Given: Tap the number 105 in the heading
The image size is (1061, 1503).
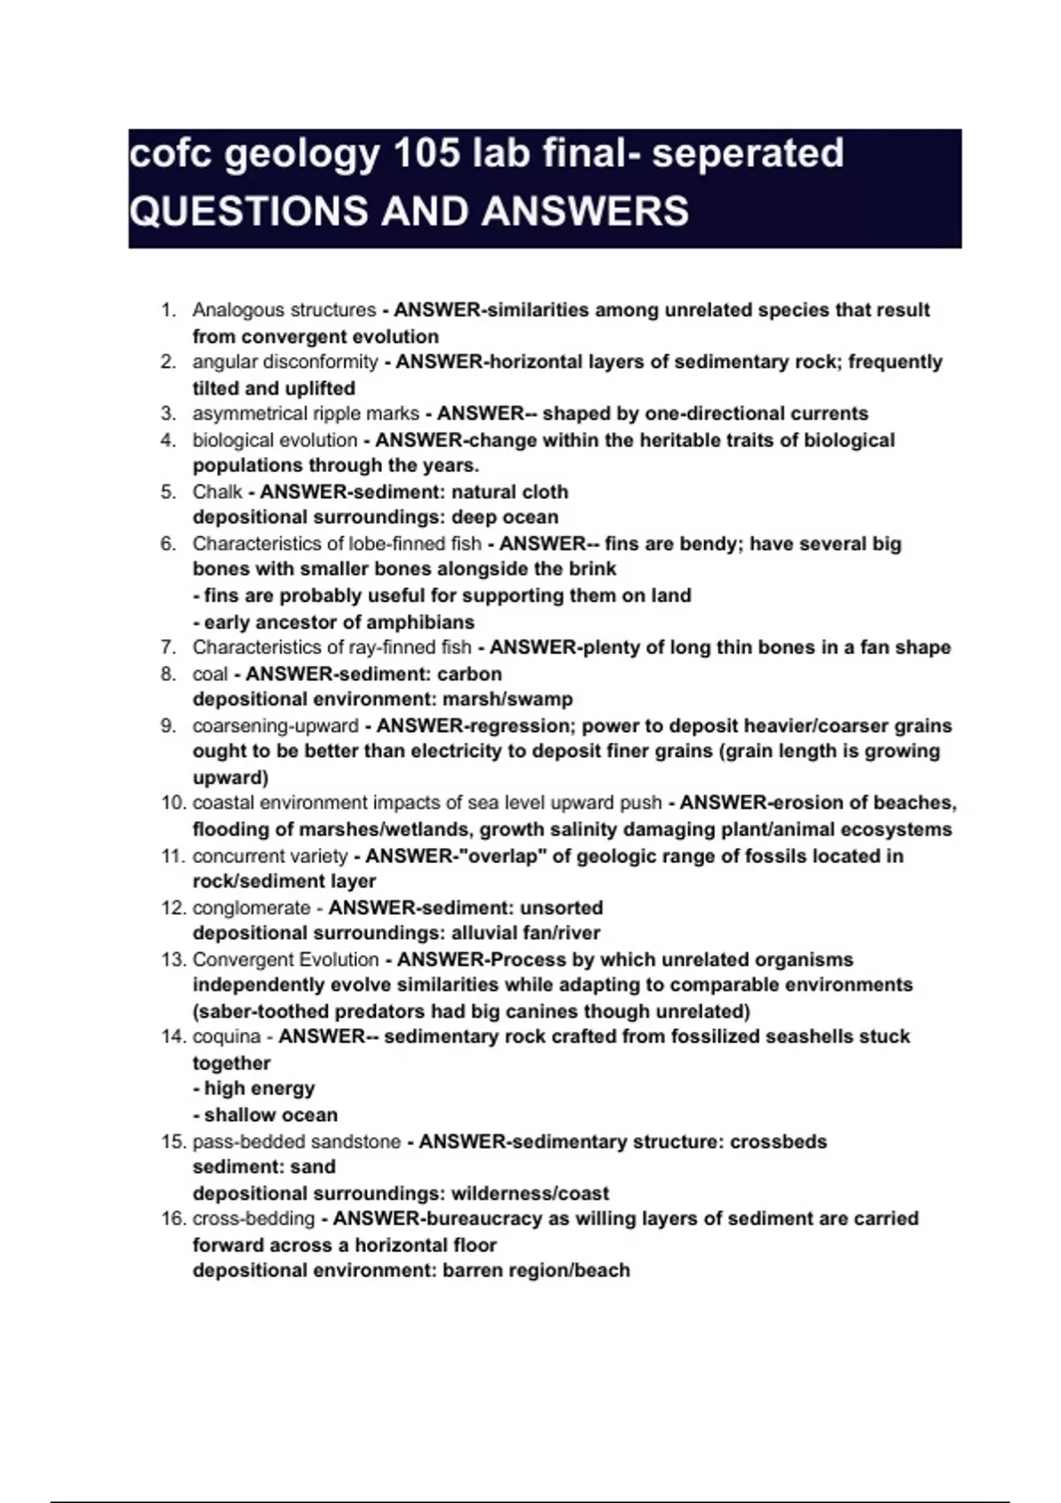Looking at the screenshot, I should click(427, 153).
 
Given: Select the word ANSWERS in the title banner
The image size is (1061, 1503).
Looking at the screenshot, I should click(585, 211).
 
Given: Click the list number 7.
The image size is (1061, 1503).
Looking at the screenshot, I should click(168, 647).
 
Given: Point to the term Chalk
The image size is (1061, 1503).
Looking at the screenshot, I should click(217, 492).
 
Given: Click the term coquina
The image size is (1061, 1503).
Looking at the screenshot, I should click(226, 1036).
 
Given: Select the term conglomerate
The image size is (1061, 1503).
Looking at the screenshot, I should click(251, 907).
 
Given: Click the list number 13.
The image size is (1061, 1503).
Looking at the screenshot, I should click(172, 959).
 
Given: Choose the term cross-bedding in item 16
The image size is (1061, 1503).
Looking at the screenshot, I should click(254, 1218).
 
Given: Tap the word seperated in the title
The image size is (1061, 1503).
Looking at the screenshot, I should click(748, 153).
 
